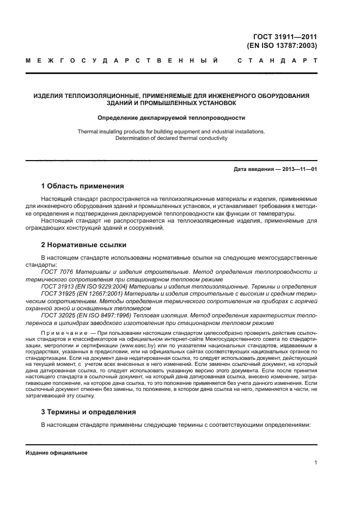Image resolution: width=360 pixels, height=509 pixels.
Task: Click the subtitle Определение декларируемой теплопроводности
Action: pyautogui.click(x=171, y=117)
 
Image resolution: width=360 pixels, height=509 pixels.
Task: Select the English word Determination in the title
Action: pyautogui.click(x=132, y=138)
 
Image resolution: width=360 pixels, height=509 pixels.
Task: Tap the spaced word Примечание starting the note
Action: pyautogui.click(x=61, y=331)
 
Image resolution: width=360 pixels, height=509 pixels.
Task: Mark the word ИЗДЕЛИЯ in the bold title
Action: pyautogui.click(x=50, y=96)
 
